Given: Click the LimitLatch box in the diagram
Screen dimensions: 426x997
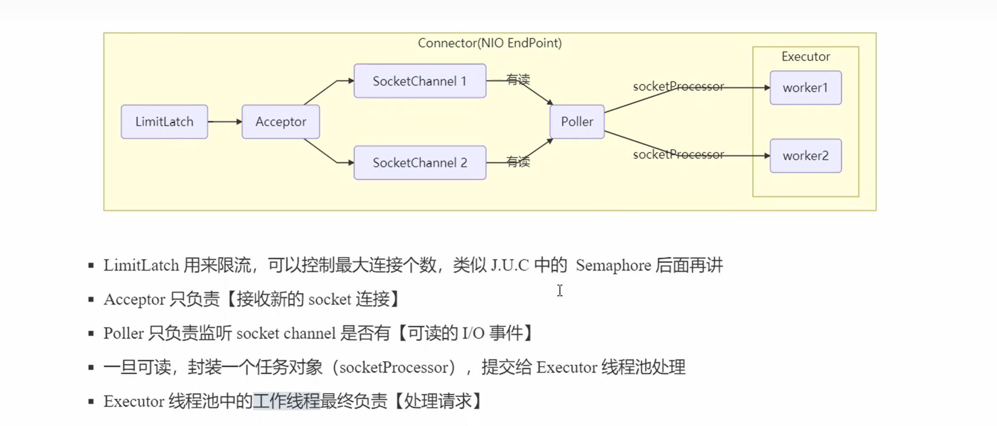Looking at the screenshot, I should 164,122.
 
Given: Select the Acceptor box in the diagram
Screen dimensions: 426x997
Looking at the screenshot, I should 280,122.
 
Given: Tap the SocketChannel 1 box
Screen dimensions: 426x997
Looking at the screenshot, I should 420,81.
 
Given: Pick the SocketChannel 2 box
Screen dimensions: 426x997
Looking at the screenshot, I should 420,162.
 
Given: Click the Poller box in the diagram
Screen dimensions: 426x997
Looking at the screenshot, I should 577,122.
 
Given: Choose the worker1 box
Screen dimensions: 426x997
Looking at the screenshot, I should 805,88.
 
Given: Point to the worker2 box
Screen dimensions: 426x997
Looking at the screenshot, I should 805,156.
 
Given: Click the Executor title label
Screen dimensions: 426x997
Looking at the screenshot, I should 806,57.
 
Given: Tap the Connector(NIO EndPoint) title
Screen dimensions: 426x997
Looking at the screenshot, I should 489,43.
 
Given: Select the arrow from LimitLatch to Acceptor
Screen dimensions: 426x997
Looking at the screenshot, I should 225,122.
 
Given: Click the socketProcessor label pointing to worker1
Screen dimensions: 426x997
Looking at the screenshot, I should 678,87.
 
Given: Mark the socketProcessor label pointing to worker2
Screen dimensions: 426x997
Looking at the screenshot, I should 678,155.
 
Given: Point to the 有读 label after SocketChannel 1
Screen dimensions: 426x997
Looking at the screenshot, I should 518,80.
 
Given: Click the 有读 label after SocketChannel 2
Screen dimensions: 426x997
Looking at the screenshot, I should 518,162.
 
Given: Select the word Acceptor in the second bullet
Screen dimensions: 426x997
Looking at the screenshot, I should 134,299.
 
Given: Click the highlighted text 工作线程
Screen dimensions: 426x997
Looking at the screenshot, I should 286,401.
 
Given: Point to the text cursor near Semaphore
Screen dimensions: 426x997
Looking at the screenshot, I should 560,290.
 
